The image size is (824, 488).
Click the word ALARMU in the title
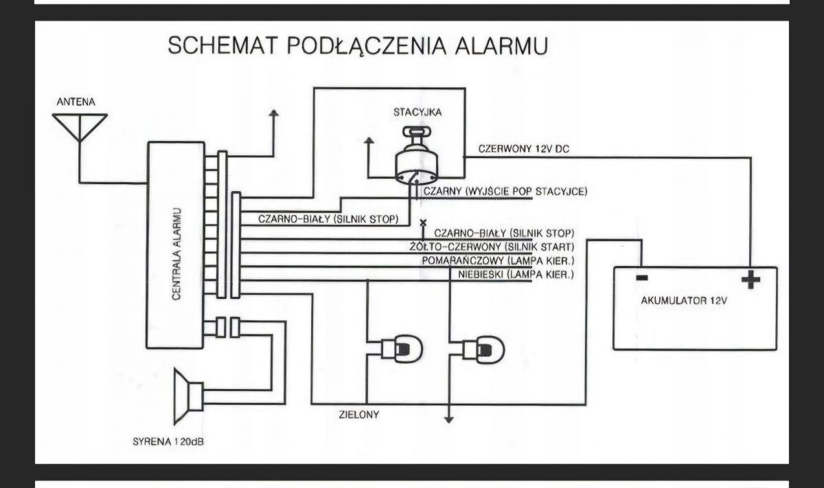[x=502, y=45]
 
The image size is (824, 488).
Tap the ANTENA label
[x=76, y=102]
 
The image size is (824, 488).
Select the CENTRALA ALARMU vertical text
[x=176, y=254]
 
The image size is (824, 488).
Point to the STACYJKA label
[x=417, y=112]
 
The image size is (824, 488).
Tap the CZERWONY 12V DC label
[x=523, y=148]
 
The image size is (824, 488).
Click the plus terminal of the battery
[x=751, y=280]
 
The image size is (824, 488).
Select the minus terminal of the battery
[x=642, y=278]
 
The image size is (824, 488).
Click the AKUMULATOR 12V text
[x=684, y=300]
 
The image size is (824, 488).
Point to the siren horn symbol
[x=188, y=397]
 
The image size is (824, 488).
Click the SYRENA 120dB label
[x=168, y=441]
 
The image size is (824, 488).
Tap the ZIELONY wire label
[x=358, y=414]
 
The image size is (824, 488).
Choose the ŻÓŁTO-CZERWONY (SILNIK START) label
[x=492, y=247]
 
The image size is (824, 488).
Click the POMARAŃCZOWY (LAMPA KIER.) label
[x=498, y=260]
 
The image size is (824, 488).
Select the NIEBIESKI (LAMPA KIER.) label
[x=516, y=274]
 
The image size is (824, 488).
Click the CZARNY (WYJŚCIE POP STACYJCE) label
[x=505, y=192]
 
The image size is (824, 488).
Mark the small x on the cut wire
[x=423, y=223]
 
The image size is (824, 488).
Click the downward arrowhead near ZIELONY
[x=449, y=419]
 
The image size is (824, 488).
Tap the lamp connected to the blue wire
[x=401, y=348]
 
